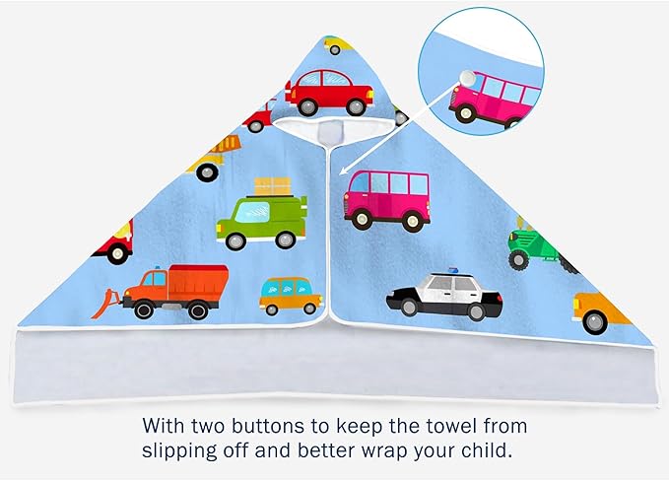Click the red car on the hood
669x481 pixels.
(329, 93)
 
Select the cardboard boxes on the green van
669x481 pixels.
(273, 186)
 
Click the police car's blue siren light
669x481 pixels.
(452, 270)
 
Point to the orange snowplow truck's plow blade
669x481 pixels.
(106, 304)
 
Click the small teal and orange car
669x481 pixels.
(291, 296)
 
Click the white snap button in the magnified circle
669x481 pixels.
(467, 79)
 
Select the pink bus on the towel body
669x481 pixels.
(387, 201)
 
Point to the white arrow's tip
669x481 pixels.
(340, 174)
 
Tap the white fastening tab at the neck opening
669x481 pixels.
(330, 133)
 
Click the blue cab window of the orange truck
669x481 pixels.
(159, 279)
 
